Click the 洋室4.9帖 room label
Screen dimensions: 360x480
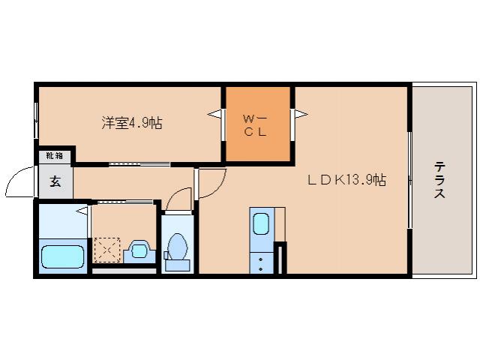tap(132, 124)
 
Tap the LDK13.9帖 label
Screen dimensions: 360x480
tap(345, 180)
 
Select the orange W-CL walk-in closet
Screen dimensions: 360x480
tap(258, 124)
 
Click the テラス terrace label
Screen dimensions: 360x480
tap(439, 180)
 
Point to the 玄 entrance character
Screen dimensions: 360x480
tap(55, 181)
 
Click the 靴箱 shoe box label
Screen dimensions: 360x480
tap(54, 156)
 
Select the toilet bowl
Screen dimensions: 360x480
tap(178, 247)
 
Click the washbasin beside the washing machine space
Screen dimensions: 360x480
tap(139, 250)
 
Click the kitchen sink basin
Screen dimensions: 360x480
tap(261, 224)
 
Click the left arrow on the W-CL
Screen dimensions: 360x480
tap(214, 115)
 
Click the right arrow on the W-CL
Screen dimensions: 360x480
tap(301, 115)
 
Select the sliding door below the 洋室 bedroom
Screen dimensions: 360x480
tap(138, 163)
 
